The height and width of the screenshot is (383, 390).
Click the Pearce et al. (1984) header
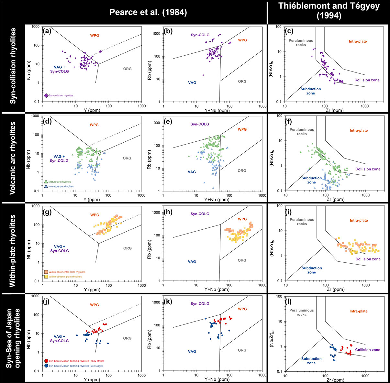point(148,12)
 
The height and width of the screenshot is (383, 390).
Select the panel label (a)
point(47,31)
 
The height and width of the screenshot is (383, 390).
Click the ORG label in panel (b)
point(242,82)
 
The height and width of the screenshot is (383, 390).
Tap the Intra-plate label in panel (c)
point(358,41)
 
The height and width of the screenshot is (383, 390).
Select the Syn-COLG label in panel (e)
point(200,124)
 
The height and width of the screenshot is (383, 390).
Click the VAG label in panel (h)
point(192,262)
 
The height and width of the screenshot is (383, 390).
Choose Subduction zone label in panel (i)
point(311,270)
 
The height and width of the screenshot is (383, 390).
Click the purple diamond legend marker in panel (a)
point(46,95)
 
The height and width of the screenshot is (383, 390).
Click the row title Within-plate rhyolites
point(13,248)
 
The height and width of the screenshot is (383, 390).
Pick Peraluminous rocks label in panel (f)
point(302,132)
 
